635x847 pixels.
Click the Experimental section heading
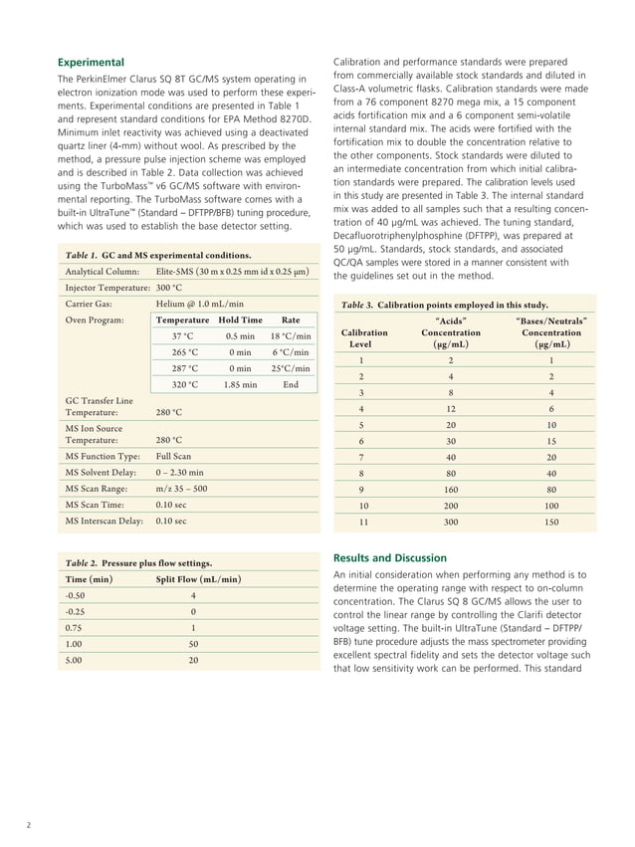(92, 61)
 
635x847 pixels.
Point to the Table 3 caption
(444, 305)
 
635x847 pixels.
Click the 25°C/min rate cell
(291, 368)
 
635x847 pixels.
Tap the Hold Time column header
(240, 320)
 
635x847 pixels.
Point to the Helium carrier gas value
(199, 304)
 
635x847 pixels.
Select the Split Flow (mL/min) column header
(198, 579)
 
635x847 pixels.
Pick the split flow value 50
(192, 644)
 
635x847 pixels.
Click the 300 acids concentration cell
(451, 521)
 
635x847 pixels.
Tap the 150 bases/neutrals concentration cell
(551, 521)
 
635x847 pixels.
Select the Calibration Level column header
(363, 337)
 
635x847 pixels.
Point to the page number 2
(28, 825)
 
